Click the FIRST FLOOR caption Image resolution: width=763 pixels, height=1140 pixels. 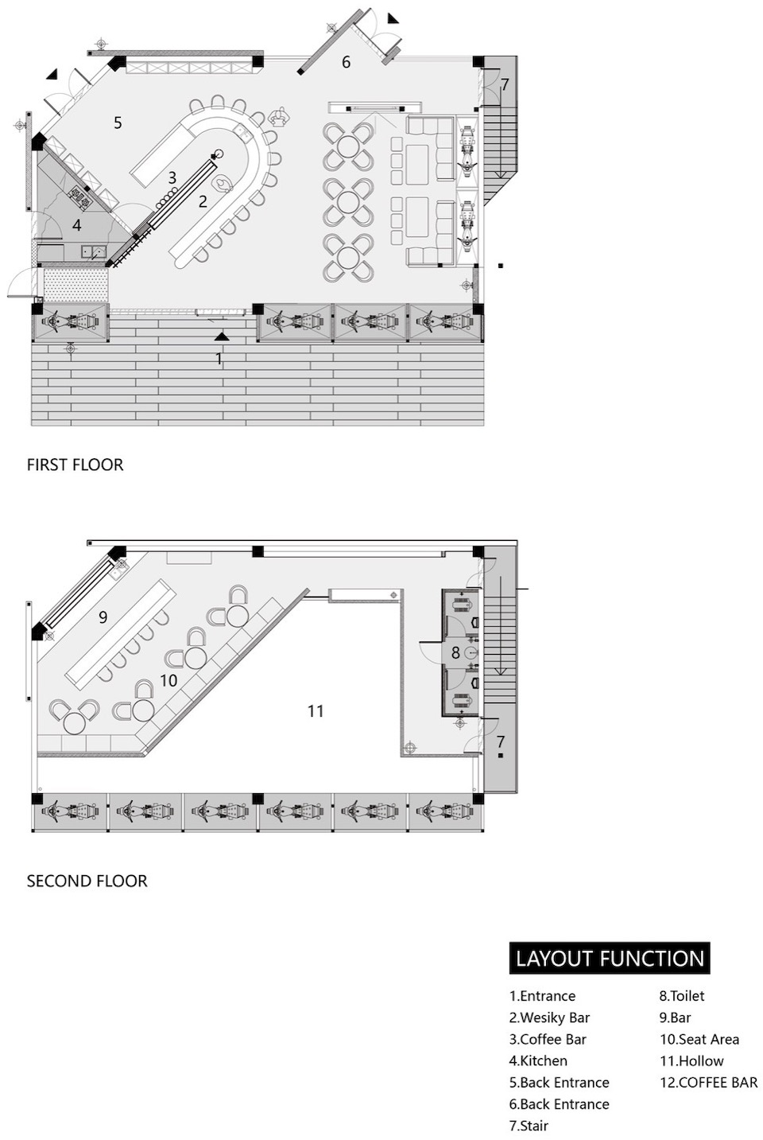pos(76,465)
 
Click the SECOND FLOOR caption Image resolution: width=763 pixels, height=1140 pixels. pos(87,881)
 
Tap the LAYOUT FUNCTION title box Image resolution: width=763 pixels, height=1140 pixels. pos(610,959)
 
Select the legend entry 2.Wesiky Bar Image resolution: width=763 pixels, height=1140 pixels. pos(549,1017)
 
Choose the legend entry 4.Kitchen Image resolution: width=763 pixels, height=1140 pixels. pos(538,1060)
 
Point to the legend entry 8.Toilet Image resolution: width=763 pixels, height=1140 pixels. pos(681,996)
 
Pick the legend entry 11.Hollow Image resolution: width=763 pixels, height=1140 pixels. pos(691,1060)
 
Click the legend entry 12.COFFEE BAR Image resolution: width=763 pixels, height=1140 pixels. pos(708,1082)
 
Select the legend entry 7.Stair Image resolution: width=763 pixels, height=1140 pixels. pos(529,1126)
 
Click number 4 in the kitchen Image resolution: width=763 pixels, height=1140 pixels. pos(76,225)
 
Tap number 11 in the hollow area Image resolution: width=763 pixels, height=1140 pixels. pos(316,711)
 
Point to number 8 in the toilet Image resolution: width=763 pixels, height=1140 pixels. pos(455,653)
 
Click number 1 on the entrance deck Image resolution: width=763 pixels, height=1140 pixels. pos(219,359)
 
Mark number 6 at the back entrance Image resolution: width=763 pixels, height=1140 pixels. pos(346,62)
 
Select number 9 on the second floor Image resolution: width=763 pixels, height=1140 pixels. pos(103,617)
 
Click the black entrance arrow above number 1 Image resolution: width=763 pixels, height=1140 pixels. pos(221,337)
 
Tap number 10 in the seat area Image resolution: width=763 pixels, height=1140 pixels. pos(168,681)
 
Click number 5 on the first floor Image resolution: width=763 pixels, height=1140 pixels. pos(118,123)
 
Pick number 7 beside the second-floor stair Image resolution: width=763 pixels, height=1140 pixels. pos(501,742)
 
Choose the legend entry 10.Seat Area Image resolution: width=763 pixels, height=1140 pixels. pos(699,1039)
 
